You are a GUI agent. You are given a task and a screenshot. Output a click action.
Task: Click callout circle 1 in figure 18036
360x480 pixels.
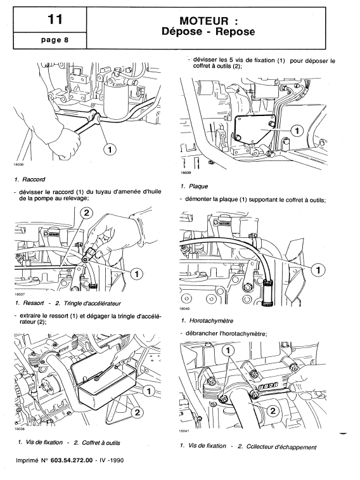click(x=109, y=150)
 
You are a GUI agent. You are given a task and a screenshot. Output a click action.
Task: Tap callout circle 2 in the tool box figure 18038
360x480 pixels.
click(x=136, y=412)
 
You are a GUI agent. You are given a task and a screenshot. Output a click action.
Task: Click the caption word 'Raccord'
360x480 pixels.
click(x=35, y=179)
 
